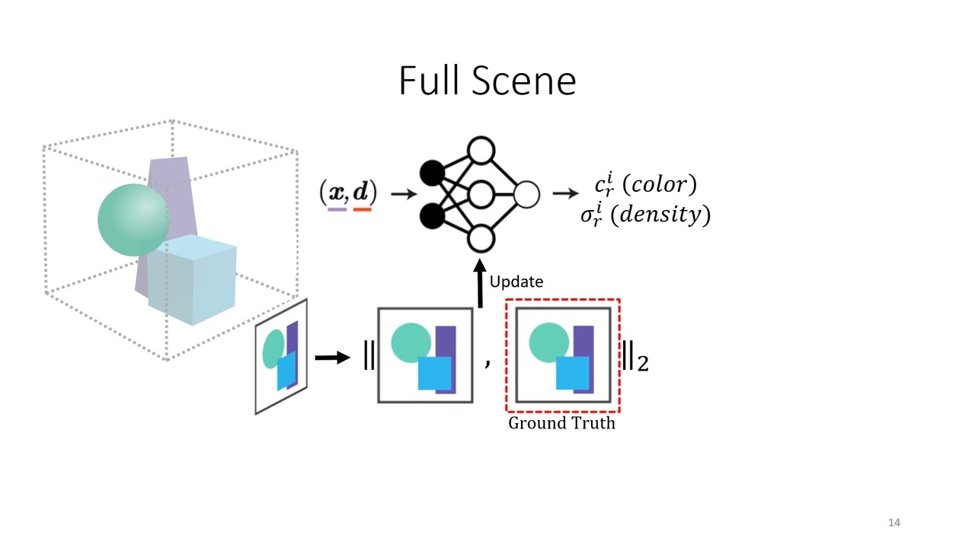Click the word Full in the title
[427, 81]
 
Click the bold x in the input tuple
[336, 192]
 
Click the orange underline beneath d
[363, 209]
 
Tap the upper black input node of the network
[432, 174]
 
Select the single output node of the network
[526, 195]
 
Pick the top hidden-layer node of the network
[481, 151]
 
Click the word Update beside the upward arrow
[516, 282]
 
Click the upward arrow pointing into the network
[480, 285]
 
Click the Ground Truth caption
[561, 423]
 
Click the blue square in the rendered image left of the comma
[435, 374]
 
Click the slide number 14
[894, 522]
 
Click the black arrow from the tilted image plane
[332, 357]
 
